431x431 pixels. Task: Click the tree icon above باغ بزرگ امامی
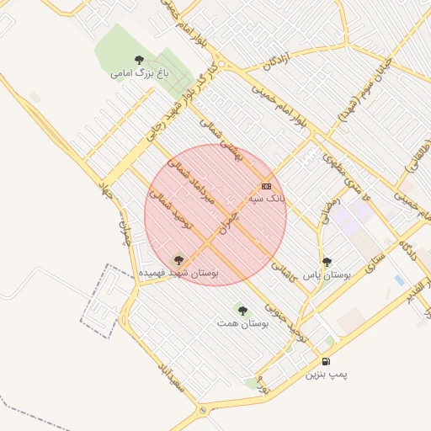139,59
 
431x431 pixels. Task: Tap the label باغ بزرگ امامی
140,73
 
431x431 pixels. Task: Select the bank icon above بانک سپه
266,186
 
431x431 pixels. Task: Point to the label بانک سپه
267,199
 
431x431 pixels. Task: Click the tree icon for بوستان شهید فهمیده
178,260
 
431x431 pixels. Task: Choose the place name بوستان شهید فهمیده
178,274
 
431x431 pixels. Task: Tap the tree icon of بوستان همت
242,311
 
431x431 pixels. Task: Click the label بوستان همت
242,323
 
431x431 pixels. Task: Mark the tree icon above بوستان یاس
327,262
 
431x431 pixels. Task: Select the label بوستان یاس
327,275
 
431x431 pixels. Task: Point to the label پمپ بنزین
327,372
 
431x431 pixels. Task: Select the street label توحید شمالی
172,208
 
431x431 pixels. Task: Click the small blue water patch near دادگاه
399,279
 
